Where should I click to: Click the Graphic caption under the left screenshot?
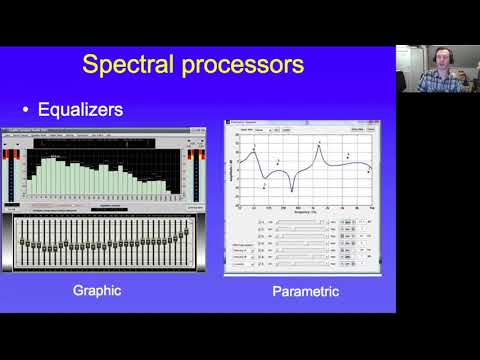(98, 292)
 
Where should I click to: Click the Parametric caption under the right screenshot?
(306, 293)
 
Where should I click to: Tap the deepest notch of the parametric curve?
(293, 188)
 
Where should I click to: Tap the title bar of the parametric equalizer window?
(300, 122)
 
